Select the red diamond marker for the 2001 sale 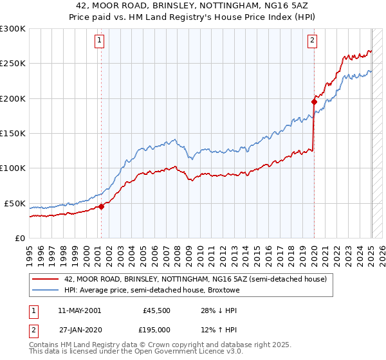101,206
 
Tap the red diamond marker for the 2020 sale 314,102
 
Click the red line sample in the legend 45,279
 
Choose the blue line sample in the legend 45,290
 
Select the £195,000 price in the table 156,329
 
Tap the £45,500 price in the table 156,310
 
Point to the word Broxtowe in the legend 222,290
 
